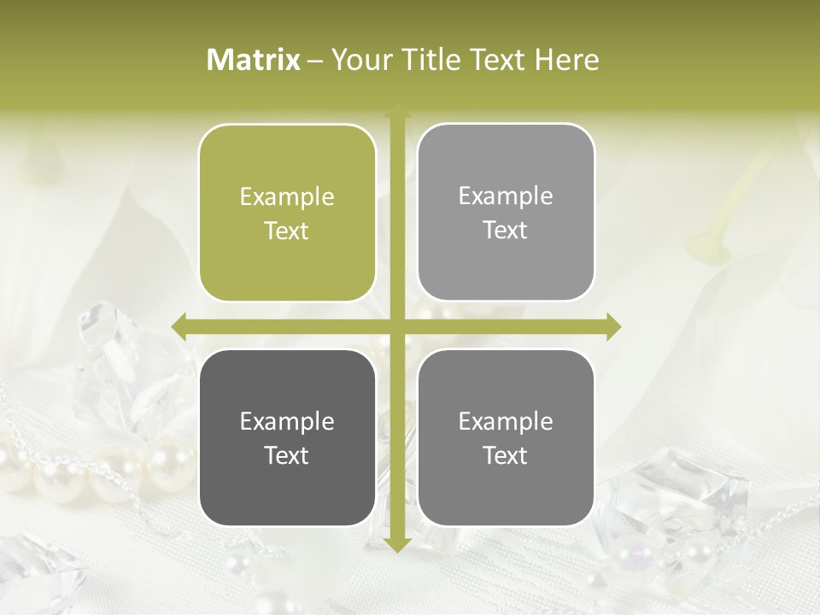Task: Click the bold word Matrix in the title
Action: tap(254, 60)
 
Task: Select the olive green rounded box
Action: tap(287, 214)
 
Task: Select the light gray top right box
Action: tap(506, 213)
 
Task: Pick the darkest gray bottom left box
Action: tap(287, 437)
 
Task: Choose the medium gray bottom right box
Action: tap(506, 437)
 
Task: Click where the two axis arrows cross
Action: tap(396, 326)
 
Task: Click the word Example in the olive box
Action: tap(287, 197)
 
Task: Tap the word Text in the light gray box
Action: tap(506, 231)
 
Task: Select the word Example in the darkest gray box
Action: tap(287, 422)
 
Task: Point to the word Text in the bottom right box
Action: tap(506, 455)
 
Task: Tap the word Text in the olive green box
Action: tap(287, 231)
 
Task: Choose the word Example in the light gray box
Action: tap(506, 196)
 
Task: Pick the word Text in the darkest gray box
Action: tap(287, 455)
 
